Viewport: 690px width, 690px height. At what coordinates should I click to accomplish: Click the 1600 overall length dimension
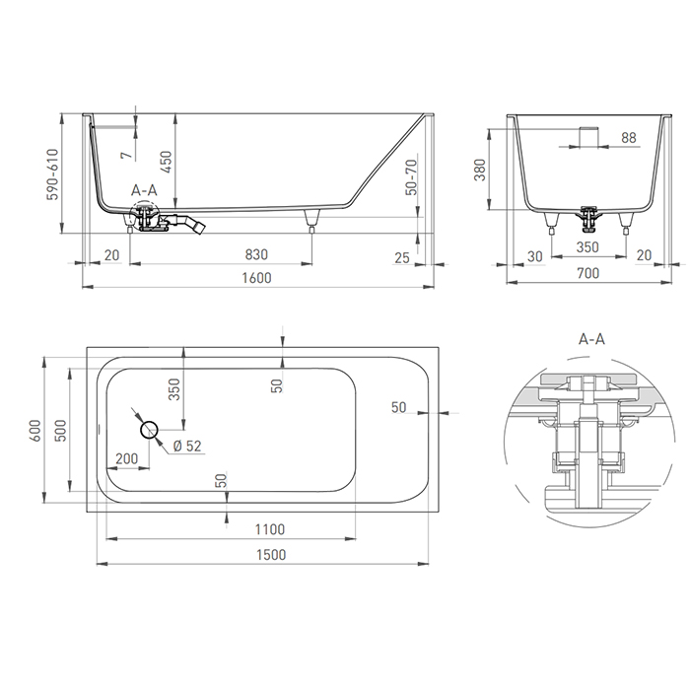tap(255, 278)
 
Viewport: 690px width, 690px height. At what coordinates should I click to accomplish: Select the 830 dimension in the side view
tap(256, 255)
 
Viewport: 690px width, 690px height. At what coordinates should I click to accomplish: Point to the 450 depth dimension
tap(169, 161)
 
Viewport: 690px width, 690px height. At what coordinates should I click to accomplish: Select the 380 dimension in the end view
tap(480, 172)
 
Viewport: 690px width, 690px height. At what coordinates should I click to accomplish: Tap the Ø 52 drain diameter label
tap(186, 446)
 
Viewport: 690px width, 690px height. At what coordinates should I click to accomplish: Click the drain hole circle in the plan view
tap(150, 430)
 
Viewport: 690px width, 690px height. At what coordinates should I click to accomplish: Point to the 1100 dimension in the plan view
tap(268, 528)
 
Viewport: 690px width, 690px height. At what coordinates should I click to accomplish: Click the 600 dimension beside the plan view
tap(34, 430)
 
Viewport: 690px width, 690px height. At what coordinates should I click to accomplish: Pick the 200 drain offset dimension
tap(126, 458)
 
